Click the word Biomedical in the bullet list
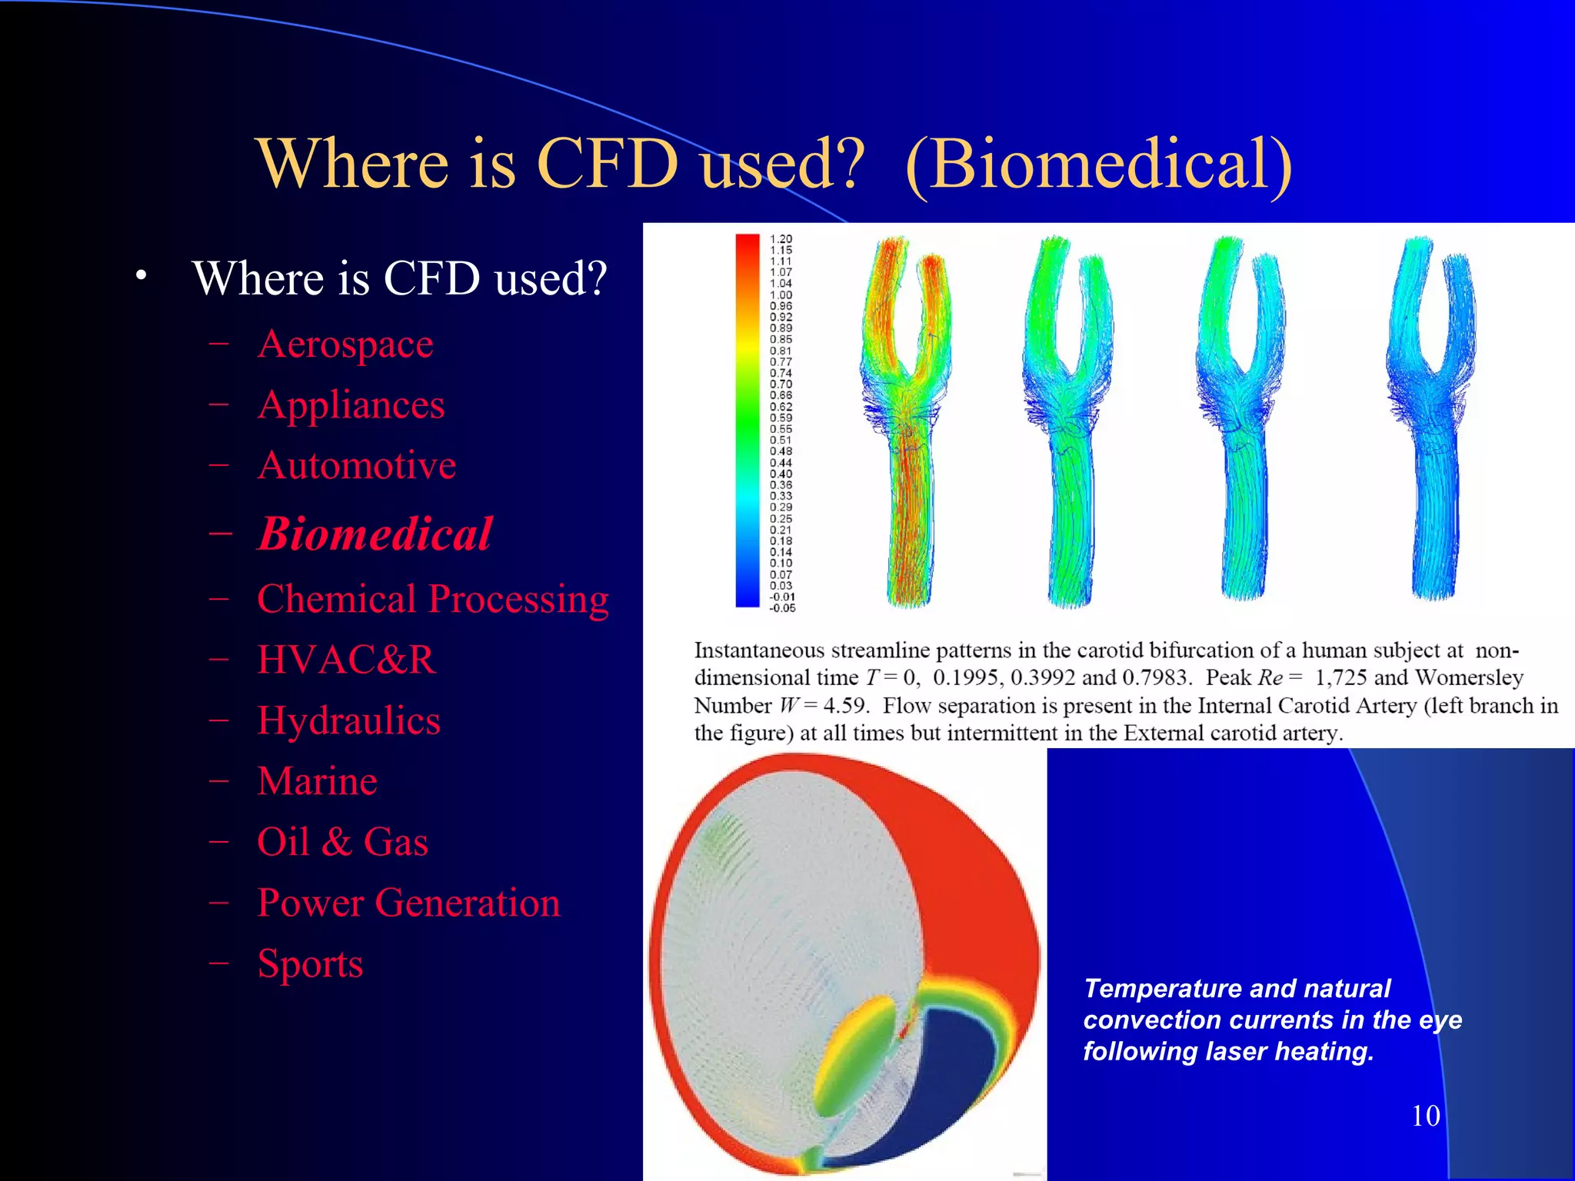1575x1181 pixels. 375,534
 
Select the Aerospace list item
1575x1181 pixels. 345,344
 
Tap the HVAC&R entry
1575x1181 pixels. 346,660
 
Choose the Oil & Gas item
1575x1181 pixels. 342,841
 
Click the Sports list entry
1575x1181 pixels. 310,963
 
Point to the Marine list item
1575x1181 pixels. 317,781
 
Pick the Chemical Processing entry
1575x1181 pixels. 432,599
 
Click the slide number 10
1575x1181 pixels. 1425,1116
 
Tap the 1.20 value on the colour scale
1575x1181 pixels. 781,239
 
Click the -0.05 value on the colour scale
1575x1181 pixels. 781,608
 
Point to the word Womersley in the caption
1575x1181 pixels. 1469,678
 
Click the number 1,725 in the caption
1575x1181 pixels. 1340,678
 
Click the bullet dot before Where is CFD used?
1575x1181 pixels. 140,276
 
